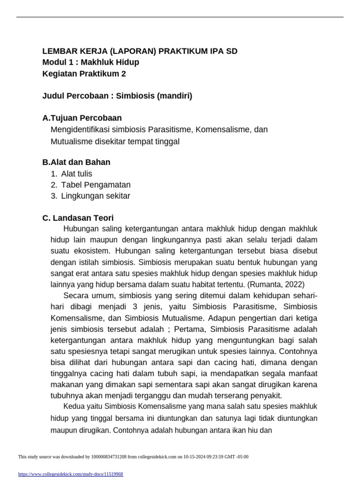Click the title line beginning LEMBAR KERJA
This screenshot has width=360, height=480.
pyautogui.click(x=143, y=51)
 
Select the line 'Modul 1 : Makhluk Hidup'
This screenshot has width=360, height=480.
pyautogui.click(x=90, y=62)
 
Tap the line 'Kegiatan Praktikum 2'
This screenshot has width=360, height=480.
pyautogui.click(x=84, y=74)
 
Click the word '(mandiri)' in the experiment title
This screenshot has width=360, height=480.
pyautogui.click(x=174, y=96)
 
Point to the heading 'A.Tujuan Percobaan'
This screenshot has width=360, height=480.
pyautogui.click(x=82, y=118)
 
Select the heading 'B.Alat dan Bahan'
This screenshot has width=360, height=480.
pyautogui.click(x=76, y=162)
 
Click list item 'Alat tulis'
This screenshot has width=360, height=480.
pyautogui.click(x=76, y=173)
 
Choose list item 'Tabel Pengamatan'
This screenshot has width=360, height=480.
pyautogui.click(x=96, y=185)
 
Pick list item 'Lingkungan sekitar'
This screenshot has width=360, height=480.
pyautogui.click(x=96, y=196)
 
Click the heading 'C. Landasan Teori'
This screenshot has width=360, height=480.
pyautogui.click(x=78, y=218)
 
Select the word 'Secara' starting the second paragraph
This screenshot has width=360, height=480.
pyautogui.click(x=75, y=295)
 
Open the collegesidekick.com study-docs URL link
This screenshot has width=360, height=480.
pyautogui.click(x=70, y=474)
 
